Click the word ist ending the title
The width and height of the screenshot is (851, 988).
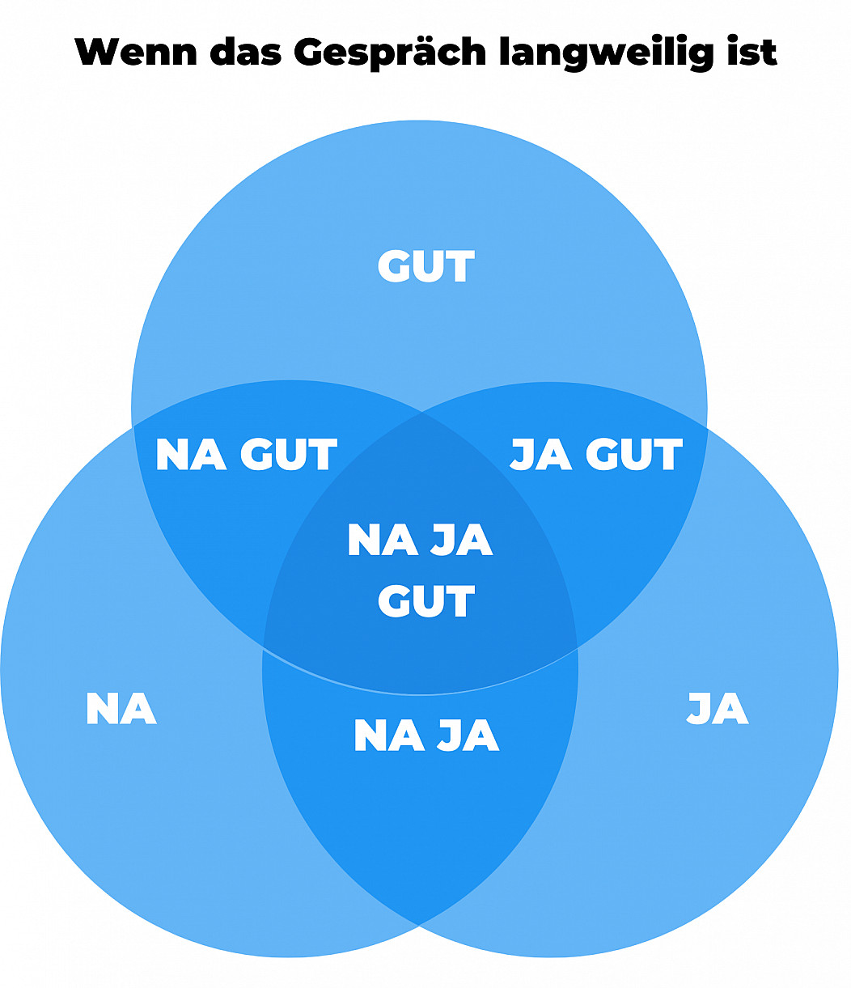click(x=755, y=53)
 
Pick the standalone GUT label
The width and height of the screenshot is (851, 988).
click(x=425, y=267)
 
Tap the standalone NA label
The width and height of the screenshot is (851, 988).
click(x=121, y=709)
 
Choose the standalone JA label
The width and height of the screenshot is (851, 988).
click(x=718, y=708)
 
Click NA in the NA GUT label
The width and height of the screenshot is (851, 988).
click(x=191, y=455)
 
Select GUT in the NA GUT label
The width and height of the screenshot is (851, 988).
click(x=289, y=455)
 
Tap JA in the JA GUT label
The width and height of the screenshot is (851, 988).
click(x=541, y=455)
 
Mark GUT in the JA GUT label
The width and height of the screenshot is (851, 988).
click(x=634, y=455)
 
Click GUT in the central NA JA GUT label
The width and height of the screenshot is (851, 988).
click(x=425, y=602)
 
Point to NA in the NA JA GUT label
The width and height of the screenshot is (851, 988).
click(x=383, y=540)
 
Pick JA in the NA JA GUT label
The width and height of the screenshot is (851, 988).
click(x=462, y=540)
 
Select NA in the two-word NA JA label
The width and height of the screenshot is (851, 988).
click(x=389, y=736)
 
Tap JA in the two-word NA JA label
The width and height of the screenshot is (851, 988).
click(x=468, y=736)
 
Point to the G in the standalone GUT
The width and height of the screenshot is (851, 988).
click(x=394, y=267)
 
